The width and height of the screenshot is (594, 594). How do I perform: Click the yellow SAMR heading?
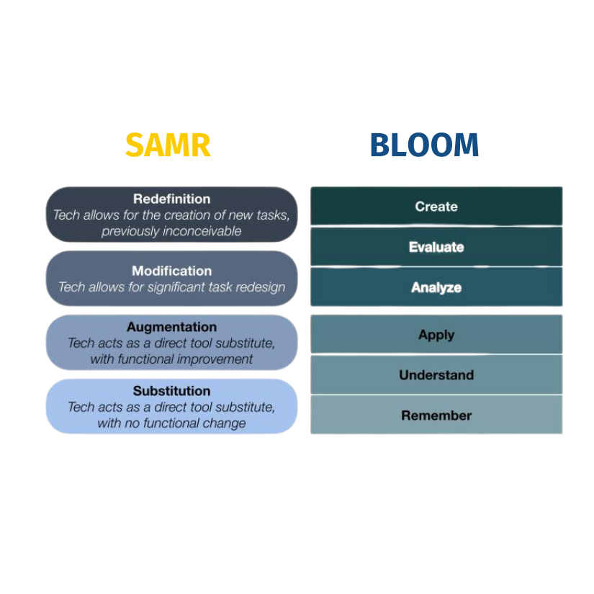(168, 145)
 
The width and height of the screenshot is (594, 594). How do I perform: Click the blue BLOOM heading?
(424, 145)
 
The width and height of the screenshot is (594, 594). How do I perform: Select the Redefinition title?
(171, 199)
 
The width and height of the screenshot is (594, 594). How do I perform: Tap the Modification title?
(171, 271)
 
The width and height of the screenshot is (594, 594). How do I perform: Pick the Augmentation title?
(171, 327)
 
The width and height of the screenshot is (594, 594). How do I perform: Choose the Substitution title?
(171, 391)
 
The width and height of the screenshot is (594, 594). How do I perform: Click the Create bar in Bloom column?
(436, 207)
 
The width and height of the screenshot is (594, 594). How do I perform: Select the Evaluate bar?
(436, 247)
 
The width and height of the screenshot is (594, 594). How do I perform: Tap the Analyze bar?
(436, 287)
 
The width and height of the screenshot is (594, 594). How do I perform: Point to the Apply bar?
(436, 335)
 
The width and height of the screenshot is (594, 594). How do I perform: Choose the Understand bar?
(436, 375)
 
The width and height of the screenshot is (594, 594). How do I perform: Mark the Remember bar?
(436, 415)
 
